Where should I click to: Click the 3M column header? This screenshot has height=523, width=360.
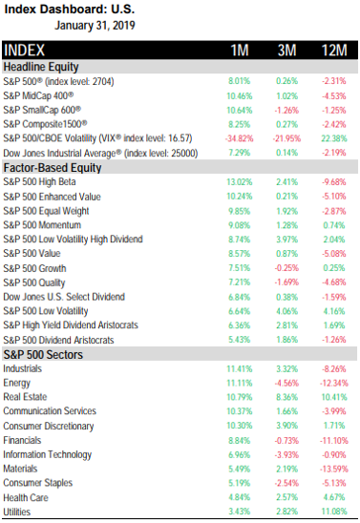click(286, 51)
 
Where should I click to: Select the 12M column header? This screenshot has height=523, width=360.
click(334, 51)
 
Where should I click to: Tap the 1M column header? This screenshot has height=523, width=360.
click(240, 51)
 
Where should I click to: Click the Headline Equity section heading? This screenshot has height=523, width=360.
click(41, 67)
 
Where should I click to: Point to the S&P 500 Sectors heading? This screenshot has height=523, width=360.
click(43, 355)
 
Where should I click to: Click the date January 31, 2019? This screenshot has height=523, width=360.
click(95, 26)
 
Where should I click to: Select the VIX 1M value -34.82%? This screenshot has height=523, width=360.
click(240, 138)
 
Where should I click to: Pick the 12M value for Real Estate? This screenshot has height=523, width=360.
click(334, 397)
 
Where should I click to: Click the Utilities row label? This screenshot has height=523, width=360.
click(16, 512)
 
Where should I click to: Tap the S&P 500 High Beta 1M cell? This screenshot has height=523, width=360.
click(240, 182)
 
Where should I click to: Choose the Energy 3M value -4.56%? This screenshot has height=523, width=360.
click(286, 383)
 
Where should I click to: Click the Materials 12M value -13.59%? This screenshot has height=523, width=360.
click(334, 469)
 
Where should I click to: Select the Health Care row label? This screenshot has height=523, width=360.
click(26, 497)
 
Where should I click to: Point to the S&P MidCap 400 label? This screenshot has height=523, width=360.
click(38, 96)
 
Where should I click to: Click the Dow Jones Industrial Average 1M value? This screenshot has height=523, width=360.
click(240, 153)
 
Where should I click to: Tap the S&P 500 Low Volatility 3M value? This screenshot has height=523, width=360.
click(286, 311)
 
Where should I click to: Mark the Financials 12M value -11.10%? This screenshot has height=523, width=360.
click(334, 441)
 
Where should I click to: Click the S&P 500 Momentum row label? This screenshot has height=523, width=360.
click(42, 225)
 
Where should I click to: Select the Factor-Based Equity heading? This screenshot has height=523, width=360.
click(53, 167)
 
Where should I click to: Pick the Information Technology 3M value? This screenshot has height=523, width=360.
click(286, 454)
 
